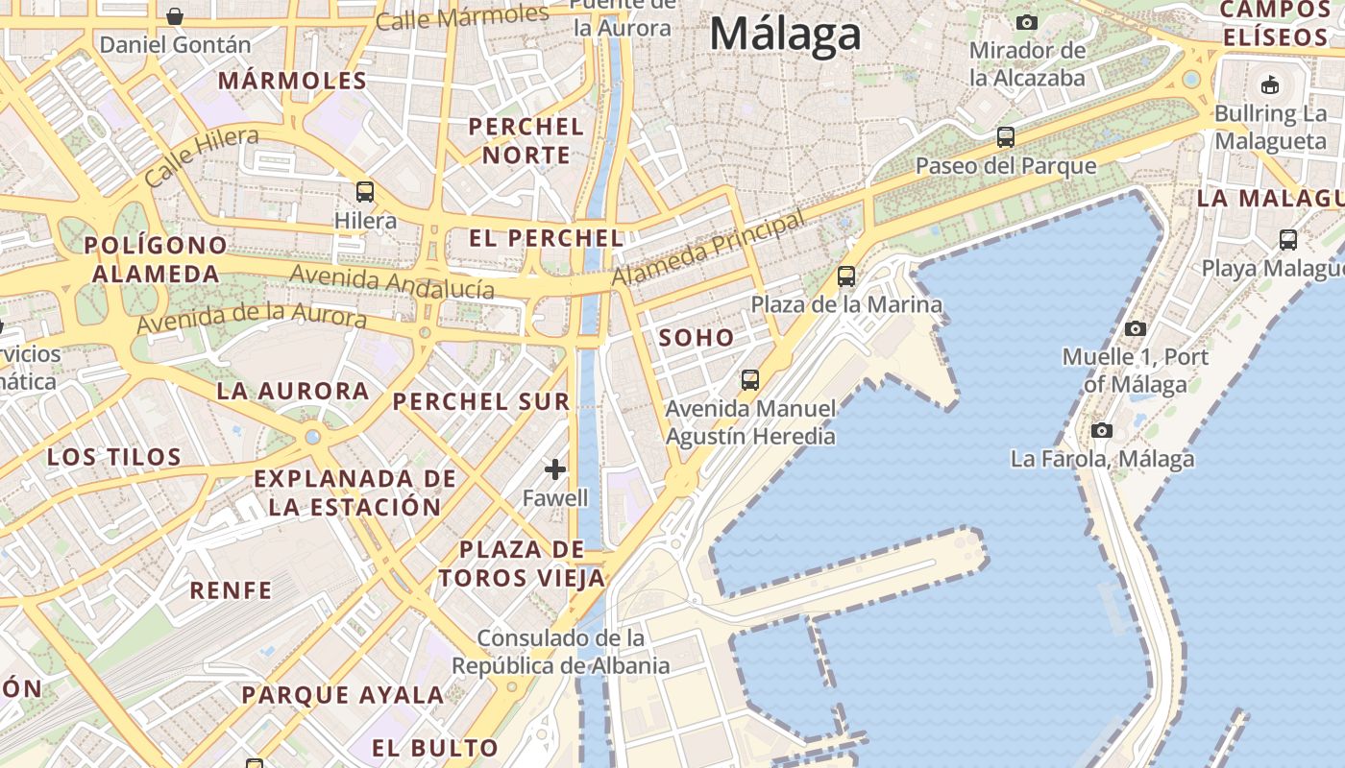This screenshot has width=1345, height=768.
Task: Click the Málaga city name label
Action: tap(785, 35)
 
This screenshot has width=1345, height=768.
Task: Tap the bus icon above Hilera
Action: tap(365, 191)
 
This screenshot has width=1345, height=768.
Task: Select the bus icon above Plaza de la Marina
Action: tap(846, 276)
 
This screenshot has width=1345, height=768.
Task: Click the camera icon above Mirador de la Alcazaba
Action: tap(1027, 22)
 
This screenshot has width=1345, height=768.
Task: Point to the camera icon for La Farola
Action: tap(1102, 430)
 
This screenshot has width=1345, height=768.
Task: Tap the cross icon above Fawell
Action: tap(555, 469)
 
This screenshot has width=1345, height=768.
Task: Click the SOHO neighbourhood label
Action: tap(697, 337)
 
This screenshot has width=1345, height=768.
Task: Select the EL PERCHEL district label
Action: tap(547, 238)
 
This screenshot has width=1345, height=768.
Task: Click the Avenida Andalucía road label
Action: tap(392, 281)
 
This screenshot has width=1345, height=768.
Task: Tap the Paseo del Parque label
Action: tap(1005, 165)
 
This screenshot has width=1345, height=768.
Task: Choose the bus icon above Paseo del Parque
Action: tap(1006, 137)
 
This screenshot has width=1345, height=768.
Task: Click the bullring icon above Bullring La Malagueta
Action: tap(1270, 84)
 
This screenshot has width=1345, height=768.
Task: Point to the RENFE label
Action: tap(231, 589)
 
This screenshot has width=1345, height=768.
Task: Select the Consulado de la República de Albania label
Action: tap(561, 652)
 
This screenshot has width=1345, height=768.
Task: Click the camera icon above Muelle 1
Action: tap(1135, 328)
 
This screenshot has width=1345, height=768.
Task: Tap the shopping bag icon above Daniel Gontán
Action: tap(175, 16)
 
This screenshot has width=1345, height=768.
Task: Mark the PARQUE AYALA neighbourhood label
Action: tap(342, 694)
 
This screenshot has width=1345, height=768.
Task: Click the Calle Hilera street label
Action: tap(202, 157)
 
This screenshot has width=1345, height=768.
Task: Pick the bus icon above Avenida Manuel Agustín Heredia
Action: tap(750, 380)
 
